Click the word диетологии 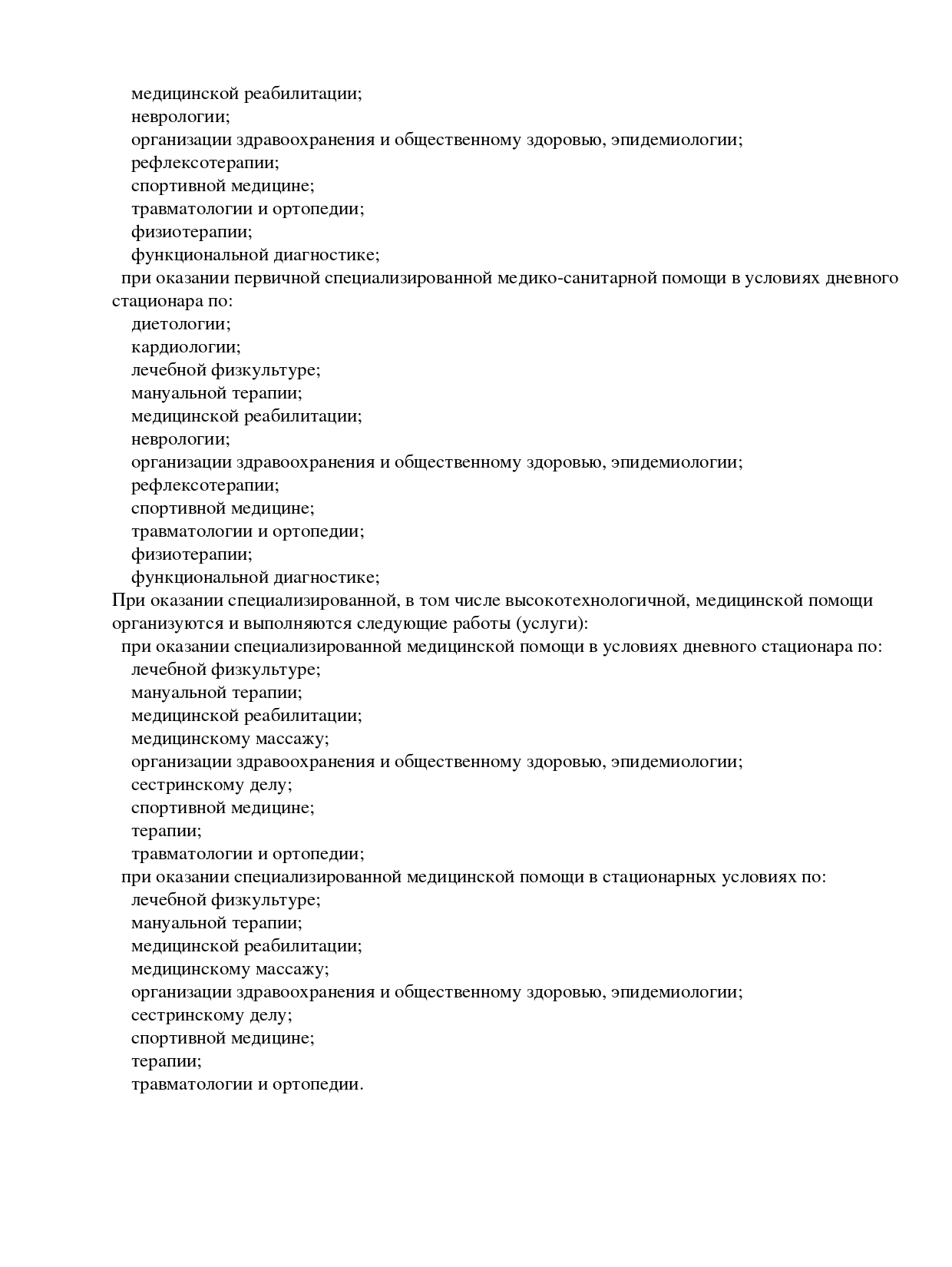pos(180,324)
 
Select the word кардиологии pos(185,347)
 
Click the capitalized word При pos(125,600)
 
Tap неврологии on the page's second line pos(180,117)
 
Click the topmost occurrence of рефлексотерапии pos(205,163)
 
